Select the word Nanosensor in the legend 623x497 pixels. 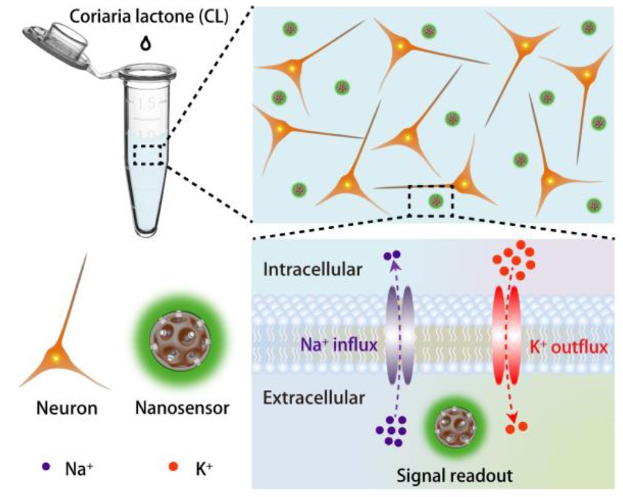(x=173, y=410)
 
